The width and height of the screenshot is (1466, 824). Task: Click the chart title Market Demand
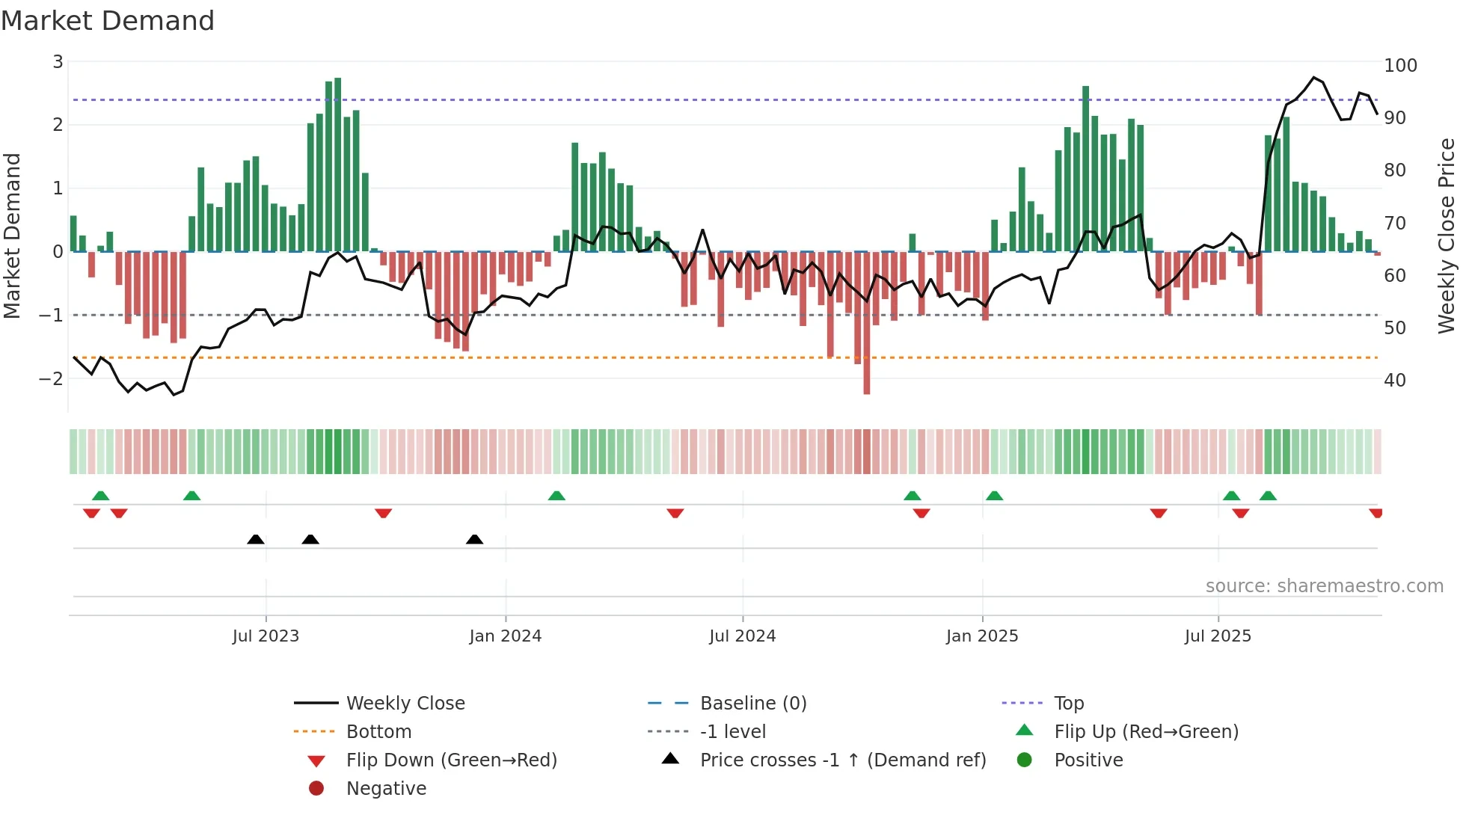tap(108, 21)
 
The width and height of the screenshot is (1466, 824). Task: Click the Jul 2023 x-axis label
tap(266, 636)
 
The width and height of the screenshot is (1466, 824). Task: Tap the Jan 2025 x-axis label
tap(981, 636)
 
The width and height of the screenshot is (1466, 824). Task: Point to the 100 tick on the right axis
tap(1400, 66)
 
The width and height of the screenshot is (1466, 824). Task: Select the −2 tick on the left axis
tap(51, 378)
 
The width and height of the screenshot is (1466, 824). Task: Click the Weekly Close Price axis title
tap(1447, 236)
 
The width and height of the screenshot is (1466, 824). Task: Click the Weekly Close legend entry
tap(405, 704)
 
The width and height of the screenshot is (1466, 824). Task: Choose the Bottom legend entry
tap(378, 732)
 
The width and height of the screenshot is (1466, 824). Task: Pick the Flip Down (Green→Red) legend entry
tap(451, 760)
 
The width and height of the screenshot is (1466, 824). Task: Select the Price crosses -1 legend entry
tap(842, 760)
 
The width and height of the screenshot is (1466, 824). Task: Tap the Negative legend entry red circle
tap(316, 789)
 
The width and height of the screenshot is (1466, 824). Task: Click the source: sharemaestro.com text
tap(1324, 586)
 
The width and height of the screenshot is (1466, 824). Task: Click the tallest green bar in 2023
tap(338, 165)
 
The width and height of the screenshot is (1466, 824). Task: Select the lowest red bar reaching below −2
tap(867, 322)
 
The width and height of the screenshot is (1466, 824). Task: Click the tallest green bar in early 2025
tap(1085, 168)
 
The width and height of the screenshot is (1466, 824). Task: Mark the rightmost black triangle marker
tap(474, 539)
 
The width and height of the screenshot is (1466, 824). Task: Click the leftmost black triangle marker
tap(256, 539)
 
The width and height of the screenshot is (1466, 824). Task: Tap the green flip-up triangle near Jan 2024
tap(556, 496)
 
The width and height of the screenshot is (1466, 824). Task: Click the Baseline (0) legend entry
tap(752, 704)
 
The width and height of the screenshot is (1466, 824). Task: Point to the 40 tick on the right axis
tap(1395, 381)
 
